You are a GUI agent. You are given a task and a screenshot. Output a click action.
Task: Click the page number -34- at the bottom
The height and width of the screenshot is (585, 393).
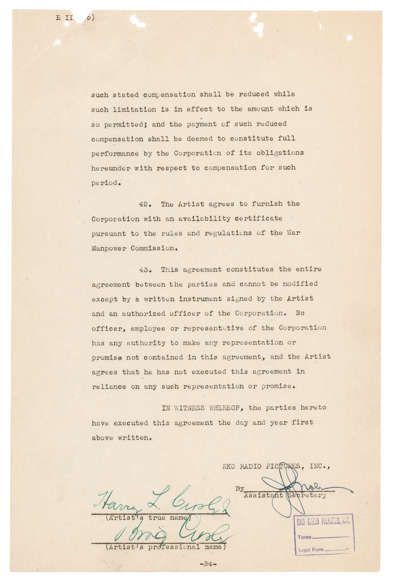pos(208,564)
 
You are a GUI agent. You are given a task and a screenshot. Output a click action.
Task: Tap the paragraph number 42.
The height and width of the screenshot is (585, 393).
pos(145,204)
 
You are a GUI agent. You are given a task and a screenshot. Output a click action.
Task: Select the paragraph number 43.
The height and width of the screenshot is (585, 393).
pos(145,270)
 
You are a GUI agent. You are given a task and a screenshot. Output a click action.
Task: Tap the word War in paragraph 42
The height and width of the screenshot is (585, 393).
pos(293,233)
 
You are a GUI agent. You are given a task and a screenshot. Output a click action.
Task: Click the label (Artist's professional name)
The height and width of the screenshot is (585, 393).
pos(166,547)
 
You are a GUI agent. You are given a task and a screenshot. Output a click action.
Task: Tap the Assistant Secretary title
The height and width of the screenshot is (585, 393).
pos(285,495)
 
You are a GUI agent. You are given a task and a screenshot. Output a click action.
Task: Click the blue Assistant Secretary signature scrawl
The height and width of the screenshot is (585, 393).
pos(293,488)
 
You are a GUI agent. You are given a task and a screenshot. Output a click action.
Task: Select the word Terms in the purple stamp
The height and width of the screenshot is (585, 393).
pos(304,537)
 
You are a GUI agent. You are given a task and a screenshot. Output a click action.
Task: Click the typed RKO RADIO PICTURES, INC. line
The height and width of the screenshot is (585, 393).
pos(276,466)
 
